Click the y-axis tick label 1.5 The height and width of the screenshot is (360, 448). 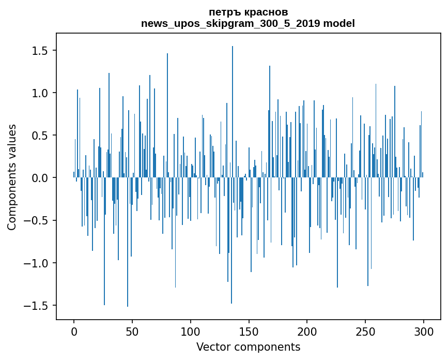[40, 50]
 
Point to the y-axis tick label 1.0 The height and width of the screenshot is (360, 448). [40, 93]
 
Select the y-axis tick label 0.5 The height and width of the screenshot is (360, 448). [40, 135]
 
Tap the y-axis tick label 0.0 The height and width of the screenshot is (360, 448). [40, 178]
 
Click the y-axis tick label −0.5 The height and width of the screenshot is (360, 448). [36, 220]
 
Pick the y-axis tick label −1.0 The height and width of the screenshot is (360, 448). [36, 263]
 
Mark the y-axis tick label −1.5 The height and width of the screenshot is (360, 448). [36, 306]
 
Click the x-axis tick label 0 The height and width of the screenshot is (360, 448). [74, 332]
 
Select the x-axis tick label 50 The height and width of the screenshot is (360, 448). [132, 332]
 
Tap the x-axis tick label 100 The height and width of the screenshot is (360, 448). [190, 332]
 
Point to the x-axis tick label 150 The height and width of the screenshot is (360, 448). [249, 332]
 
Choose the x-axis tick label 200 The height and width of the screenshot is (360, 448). [307, 332]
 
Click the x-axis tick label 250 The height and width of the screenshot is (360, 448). [365, 332]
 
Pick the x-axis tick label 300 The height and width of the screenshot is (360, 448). [423, 332]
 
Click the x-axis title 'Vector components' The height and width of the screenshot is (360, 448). [248, 347]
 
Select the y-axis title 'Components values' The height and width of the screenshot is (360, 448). [12, 177]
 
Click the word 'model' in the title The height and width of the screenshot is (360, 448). [339, 23]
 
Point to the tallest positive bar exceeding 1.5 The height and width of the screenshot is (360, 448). [233, 112]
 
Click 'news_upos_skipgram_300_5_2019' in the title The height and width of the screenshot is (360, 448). [230, 24]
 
